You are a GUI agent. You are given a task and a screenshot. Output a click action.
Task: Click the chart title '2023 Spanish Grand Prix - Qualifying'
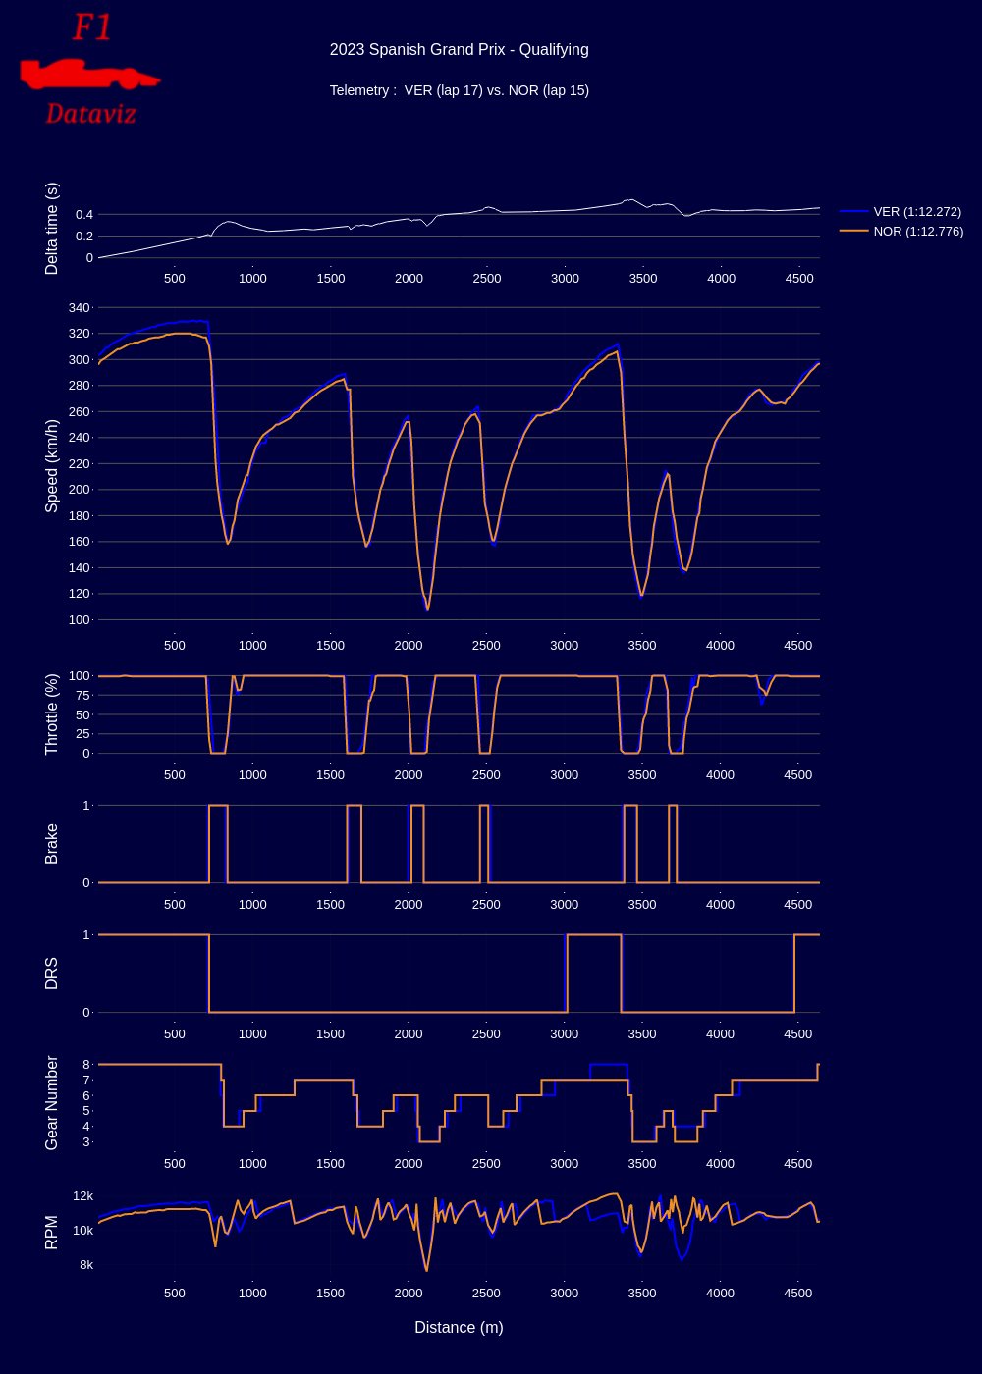[459, 50]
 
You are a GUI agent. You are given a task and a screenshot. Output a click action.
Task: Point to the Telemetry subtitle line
[459, 90]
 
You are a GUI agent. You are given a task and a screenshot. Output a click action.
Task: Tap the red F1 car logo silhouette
[88, 74]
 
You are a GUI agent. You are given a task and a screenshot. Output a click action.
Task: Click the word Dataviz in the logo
[90, 114]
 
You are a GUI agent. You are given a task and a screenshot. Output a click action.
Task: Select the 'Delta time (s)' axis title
[52, 229]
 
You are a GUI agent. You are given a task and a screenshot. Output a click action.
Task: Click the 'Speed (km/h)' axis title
[52, 465]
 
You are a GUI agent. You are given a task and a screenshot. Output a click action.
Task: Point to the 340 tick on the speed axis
[79, 307]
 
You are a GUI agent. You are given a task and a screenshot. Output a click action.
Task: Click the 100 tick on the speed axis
[79, 619]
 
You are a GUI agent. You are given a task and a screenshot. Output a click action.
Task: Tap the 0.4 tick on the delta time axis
[82, 214]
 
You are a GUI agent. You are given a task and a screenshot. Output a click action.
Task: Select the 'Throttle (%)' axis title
[52, 713]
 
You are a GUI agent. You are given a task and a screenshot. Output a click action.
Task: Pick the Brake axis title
[52, 844]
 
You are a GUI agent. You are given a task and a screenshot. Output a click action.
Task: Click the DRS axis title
[52, 974]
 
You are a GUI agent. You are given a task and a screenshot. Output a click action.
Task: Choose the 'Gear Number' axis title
[52, 1103]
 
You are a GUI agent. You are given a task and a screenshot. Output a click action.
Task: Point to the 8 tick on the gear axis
[86, 1064]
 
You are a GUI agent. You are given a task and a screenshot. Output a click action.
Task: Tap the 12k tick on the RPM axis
[83, 1195]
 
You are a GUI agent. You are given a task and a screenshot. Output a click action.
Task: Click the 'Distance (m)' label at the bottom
[459, 1327]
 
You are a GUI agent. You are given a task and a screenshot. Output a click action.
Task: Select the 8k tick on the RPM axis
[86, 1264]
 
